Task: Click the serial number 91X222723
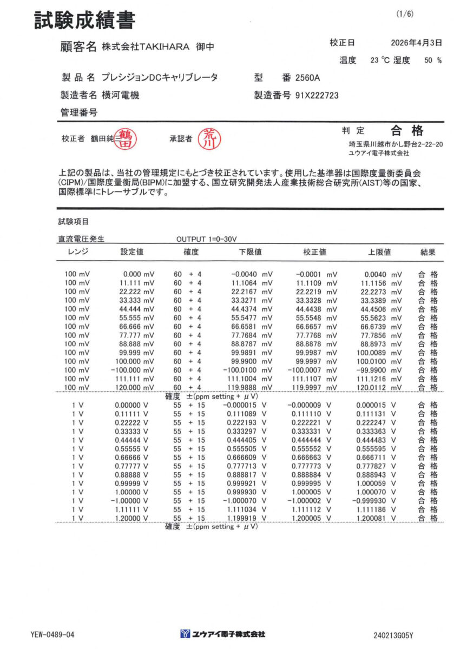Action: pyautogui.click(x=317, y=95)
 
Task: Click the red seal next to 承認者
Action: pyautogui.click(x=208, y=139)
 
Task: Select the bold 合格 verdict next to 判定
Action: pyautogui.click(x=407, y=130)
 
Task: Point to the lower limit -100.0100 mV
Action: pyautogui.click(x=249, y=370)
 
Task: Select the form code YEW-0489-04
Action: pyautogui.click(x=52, y=634)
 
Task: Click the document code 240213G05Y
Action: pyautogui.click(x=397, y=634)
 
